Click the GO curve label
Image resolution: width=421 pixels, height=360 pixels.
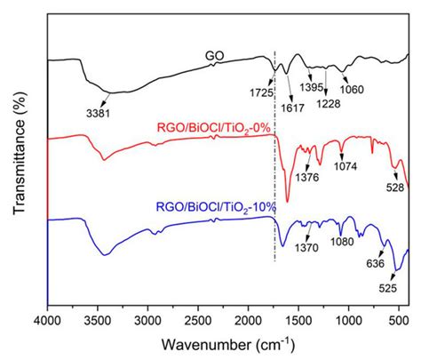213,54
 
